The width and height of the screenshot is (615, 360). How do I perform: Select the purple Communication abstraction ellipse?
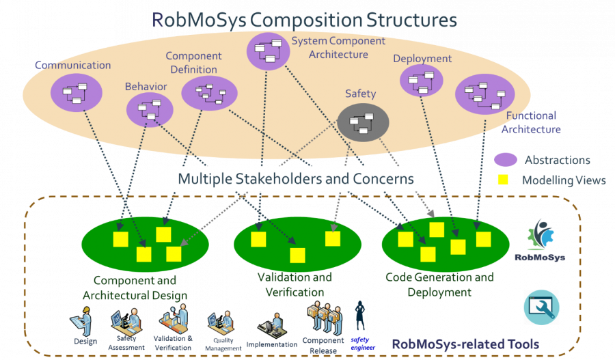tap(75, 92)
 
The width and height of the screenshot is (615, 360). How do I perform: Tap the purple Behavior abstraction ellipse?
tap(149, 109)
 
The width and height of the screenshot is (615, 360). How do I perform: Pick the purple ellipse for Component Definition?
tap(209, 94)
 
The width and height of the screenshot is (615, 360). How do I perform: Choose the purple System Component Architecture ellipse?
tap(266, 50)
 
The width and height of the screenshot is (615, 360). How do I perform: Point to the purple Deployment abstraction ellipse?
tap(421, 84)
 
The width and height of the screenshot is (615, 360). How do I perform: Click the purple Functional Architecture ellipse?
tap(484, 94)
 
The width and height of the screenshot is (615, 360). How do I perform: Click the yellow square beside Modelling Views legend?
tap(502, 180)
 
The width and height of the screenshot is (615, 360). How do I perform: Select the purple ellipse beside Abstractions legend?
tap(504, 160)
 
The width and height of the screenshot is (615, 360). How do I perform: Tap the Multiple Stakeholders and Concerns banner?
tap(295, 179)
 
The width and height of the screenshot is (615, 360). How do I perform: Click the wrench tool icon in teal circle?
tap(541, 307)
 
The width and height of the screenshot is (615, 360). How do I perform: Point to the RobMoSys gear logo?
tap(540, 238)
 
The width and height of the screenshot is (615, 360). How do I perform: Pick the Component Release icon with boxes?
tap(324, 317)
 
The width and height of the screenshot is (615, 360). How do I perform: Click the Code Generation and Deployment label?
tap(439, 284)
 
